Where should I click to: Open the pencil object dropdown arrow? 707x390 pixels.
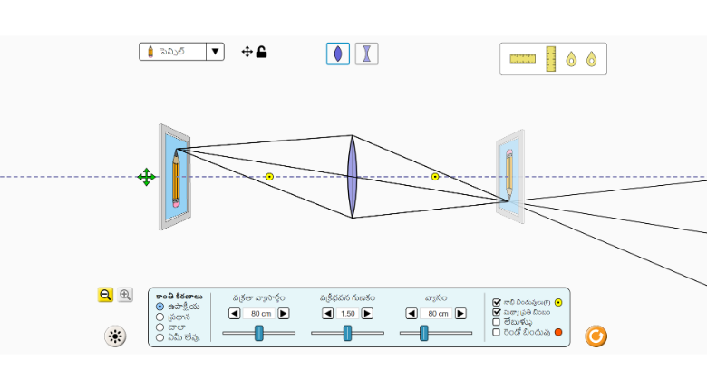pos(216,52)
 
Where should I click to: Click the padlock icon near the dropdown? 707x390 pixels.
pos(262,52)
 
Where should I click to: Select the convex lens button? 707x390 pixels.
pos(337,54)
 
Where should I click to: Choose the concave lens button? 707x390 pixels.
pos(366,54)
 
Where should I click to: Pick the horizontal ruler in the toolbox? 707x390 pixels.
pos(523,59)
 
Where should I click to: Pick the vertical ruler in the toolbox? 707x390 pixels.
pos(550,59)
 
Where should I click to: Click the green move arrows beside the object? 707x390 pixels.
pos(146,177)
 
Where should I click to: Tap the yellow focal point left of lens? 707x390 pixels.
pos(269,177)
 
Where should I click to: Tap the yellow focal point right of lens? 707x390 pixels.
pos(435,177)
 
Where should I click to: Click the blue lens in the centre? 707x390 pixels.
pos(353,177)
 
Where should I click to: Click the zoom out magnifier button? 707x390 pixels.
pos(105,295)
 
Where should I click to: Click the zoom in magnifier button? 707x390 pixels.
pos(125,295)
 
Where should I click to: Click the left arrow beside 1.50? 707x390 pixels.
pos(327,314)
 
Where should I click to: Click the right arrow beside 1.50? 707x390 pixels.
pos(367,314)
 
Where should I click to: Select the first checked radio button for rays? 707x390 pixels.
pos(160,307)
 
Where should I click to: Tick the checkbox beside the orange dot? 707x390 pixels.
pos(496,332)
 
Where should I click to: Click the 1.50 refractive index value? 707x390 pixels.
pos(347,314)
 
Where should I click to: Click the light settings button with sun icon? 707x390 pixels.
pos(115,336)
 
